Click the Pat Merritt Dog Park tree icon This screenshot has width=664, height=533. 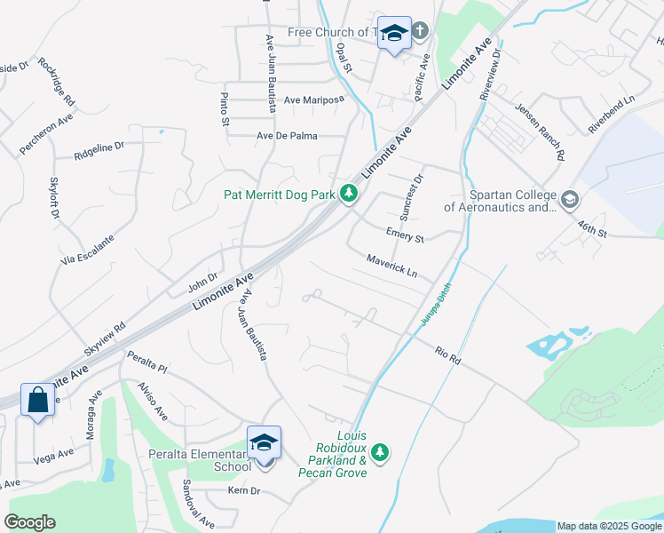click(x=350, y=193)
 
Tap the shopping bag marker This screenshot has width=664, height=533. click(x=39, y=400)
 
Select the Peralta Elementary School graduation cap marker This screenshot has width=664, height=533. click(x=264, y=442)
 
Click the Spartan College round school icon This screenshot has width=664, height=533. click(x=569, y=198)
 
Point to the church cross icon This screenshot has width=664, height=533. click(x=420, y=31)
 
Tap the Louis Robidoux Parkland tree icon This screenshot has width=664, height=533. click(x=380, y=453)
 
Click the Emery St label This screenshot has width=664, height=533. click(x=405, y=235)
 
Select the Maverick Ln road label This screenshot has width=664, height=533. click(x=391, y=265)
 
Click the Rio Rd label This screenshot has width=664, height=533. click(x=447, y=354)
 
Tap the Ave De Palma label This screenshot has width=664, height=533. click(x=287, y=136)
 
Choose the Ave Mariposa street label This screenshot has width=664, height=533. click(x=313, y=100)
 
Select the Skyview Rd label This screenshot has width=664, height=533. click(x=105, y=338)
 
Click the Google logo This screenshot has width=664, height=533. click(x=29, y=522)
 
